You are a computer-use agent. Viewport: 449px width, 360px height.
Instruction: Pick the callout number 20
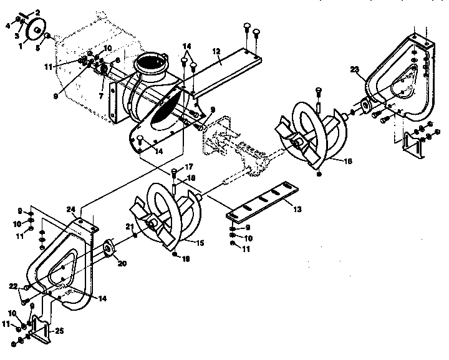click(122, 263)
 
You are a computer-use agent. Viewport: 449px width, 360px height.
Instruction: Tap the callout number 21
click(130, 226)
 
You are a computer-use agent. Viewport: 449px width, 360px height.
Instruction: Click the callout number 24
click(71, 210)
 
